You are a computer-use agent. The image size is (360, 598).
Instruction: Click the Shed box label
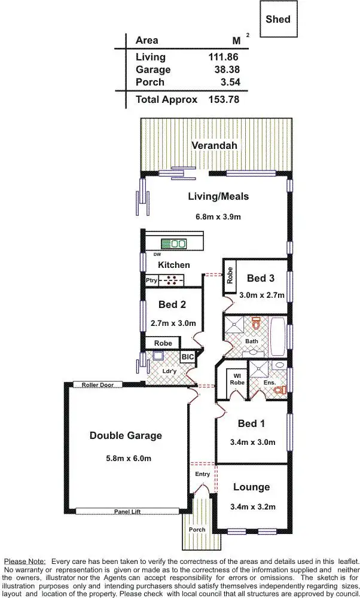(278, 19)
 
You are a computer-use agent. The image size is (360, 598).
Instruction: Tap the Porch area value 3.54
(228, 82)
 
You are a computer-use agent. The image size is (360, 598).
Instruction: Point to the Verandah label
(214, 145)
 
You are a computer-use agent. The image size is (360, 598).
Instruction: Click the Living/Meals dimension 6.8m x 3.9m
(218, 216)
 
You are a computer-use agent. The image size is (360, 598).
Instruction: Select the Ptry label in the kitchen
(151, 280)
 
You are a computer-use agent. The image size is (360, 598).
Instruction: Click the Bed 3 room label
(261, 278)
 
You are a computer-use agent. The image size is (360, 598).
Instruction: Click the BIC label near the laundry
(188, 357)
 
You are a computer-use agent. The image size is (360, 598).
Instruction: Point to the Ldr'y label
(170, 371)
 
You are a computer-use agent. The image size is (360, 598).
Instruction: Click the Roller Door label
(97, 385)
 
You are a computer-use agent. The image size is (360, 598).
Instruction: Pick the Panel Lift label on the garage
(127, 511)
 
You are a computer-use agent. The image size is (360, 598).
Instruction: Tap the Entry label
(203, 474)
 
